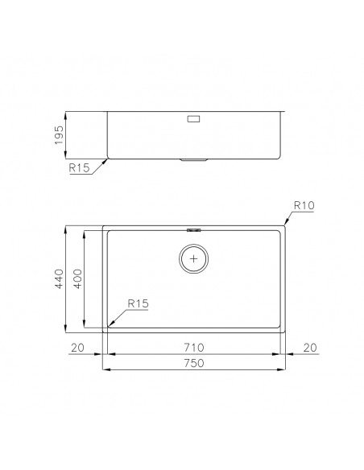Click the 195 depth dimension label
point(59,135)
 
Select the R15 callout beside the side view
point(79,168)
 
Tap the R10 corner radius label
point(304,205)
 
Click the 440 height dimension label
point(59,278)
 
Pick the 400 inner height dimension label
point(77,278)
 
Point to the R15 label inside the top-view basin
point(138,303)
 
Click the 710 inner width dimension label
point(194,348)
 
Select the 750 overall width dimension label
point(194,363)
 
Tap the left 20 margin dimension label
point(77,348)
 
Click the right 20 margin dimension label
point(310,348)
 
